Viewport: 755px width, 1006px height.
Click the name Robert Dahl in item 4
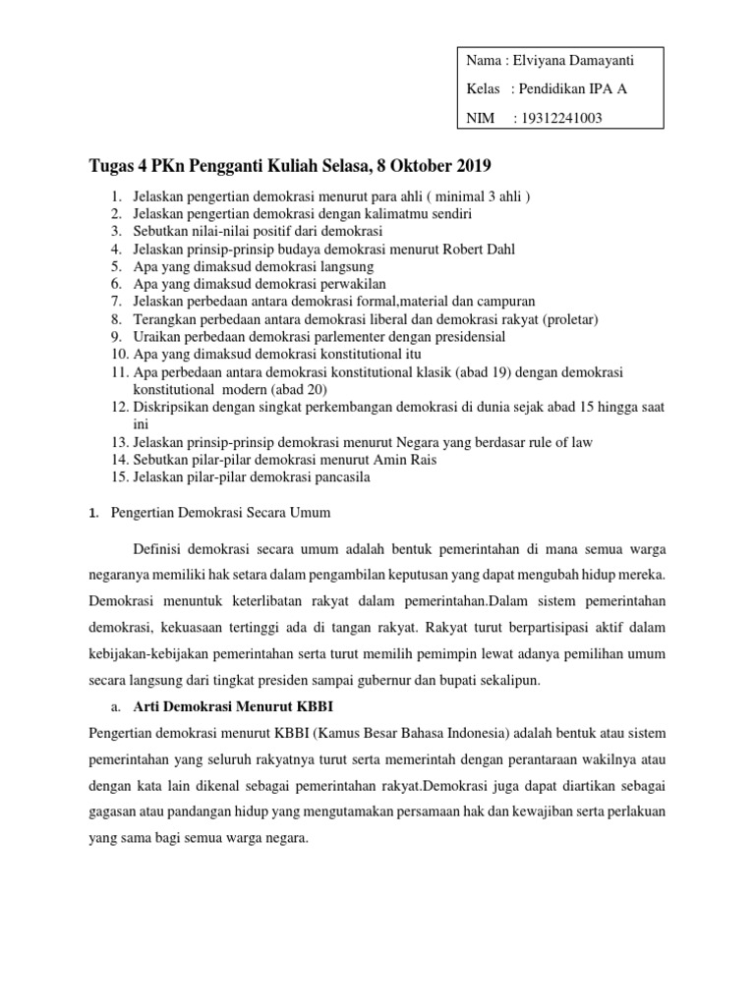[x=452, y=249]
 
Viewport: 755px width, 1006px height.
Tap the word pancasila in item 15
[x=336, y=477]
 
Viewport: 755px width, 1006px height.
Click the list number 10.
[x=118, y=354]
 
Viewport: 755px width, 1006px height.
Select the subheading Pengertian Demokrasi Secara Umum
[x=221, y=513]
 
